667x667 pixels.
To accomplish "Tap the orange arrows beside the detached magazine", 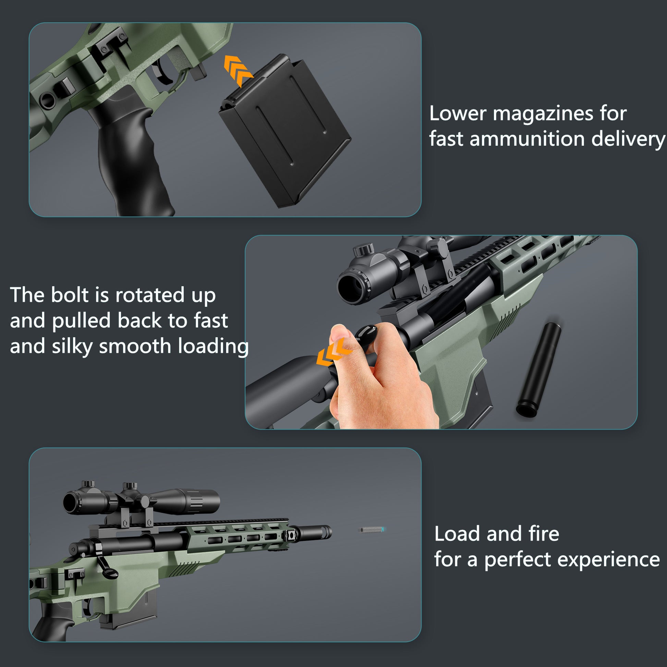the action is (x=238, y=70).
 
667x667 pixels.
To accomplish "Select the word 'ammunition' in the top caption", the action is (x=527, y=139).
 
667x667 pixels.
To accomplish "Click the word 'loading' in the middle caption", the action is (x=213, y=347).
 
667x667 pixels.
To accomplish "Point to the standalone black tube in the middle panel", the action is (x=539, y=369).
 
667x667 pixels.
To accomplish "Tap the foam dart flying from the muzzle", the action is (x=372, y=530).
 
